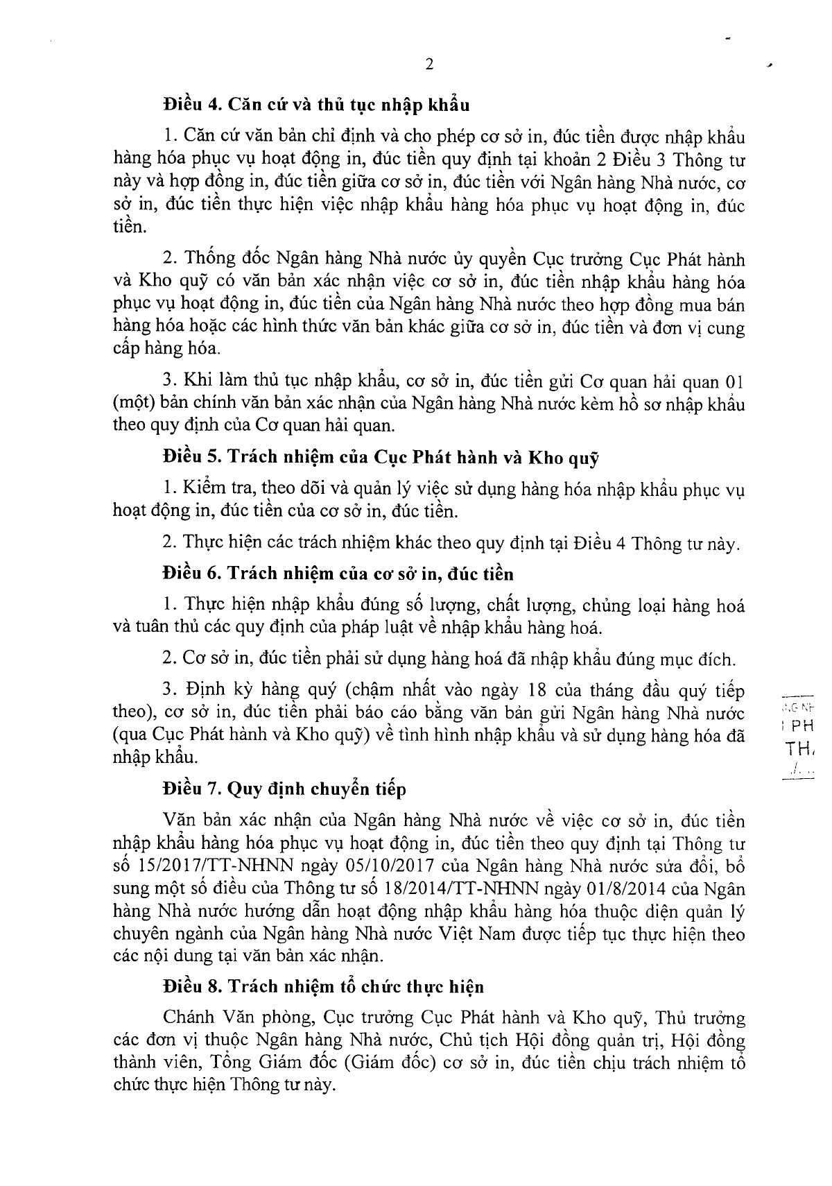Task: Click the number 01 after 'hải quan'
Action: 734,381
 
